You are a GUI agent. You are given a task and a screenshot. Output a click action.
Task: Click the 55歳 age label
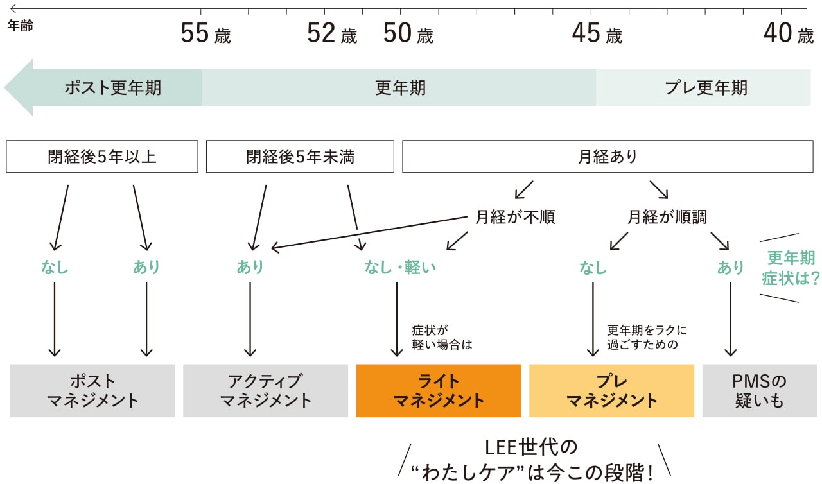coord(205,34)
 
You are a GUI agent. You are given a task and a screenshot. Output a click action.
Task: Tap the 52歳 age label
coord(331,34)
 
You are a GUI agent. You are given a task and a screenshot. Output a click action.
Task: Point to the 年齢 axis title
coord(20,26)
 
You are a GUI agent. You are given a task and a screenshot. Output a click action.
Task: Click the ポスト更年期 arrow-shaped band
coord(109,88)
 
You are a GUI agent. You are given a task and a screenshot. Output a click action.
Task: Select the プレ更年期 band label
coord(706,88)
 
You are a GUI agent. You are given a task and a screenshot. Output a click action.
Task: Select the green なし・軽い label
coord(399,267)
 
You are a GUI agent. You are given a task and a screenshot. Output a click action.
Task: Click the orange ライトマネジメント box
coord(439,391)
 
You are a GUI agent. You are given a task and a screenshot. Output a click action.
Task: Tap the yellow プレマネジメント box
coord(611,391)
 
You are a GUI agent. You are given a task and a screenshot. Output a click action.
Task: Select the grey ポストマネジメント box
coord(92,391)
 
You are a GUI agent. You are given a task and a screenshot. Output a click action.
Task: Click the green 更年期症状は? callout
coord(791,268)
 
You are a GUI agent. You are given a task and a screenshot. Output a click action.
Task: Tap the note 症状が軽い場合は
coord(441,338)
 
